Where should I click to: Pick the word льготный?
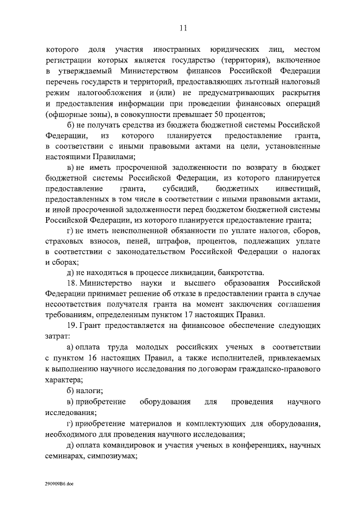pos(267,82)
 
